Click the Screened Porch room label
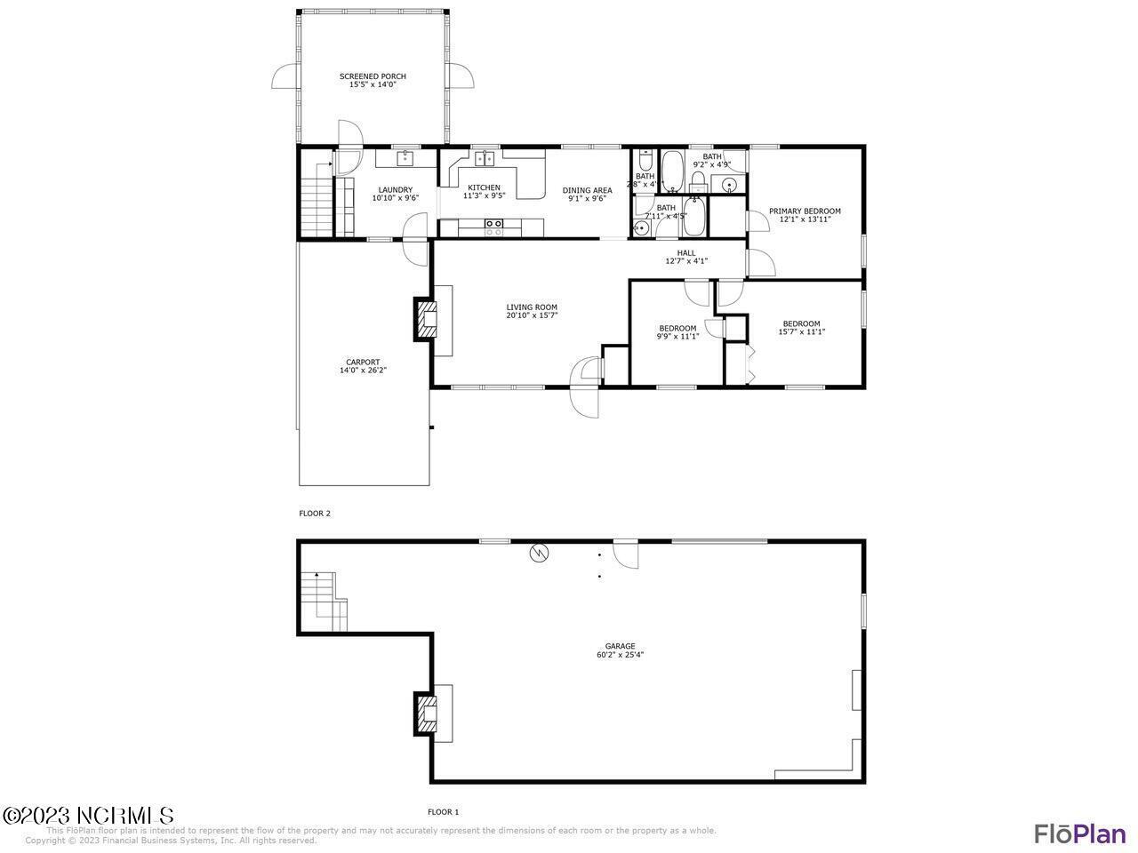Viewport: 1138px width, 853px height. [x=373, y=76]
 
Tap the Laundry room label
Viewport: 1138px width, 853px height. [x=395, y=189]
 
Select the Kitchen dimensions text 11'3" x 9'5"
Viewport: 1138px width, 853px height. [x=484, y=195]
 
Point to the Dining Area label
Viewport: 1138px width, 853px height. [x=587, y=190]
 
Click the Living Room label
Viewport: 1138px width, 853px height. [x=532, y=307]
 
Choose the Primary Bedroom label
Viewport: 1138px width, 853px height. [x=805, y=211]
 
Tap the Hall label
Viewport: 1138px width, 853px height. [x=686, y=253]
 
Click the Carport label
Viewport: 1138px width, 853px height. [x=363, y=363]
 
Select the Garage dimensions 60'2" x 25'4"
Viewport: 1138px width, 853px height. [x=621, y=655]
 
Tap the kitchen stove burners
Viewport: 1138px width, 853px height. [x=493, y=227]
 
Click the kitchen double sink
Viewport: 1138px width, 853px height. [x=485, y=159]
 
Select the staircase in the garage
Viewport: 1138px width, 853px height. [x=323, y=601]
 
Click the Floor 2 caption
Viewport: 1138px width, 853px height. [x=315, y=514]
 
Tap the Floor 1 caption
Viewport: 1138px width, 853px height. [x=443, y=812]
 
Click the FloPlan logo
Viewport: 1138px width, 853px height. [x=1079, y=833]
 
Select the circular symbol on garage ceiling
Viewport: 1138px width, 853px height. [x=539, y=554]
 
